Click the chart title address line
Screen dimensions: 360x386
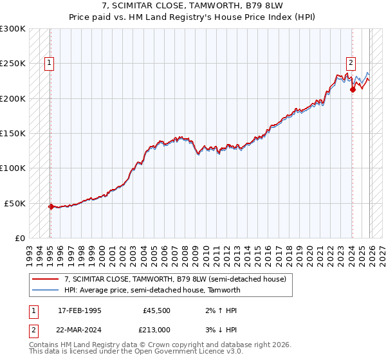[192, 6]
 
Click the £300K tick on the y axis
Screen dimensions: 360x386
[13, 29]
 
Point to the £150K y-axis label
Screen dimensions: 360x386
[13, 134]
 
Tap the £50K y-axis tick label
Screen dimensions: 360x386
[15, 203]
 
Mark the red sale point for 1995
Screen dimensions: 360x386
[51, 206]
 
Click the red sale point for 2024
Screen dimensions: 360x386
[353, 90]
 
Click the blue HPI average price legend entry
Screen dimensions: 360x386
[152, 290]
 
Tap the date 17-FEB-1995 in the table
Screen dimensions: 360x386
[80, 310]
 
